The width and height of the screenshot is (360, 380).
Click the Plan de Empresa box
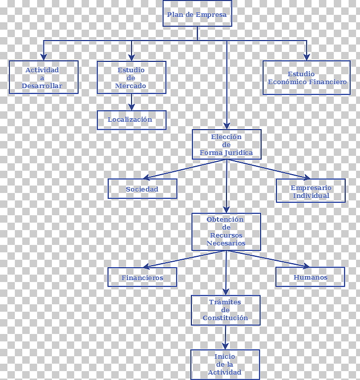pos(197,13)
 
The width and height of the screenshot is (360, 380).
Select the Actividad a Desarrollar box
pos(44,77)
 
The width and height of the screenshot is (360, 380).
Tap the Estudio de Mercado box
pos(132,77)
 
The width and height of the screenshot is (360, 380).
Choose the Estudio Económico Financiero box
pos(307,78)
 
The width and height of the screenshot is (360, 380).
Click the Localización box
pos(132,120)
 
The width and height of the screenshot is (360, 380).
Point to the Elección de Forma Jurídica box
pos(226,144)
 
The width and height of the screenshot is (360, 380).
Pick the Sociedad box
pos(142,189)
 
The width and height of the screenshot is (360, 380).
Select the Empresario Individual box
pos(311,190)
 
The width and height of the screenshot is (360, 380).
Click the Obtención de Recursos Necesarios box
pos(226,232)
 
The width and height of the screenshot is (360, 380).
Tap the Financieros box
pos(142,277)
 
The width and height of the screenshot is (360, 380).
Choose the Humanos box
pos(310,277)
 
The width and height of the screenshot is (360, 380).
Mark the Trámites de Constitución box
pos(225,310)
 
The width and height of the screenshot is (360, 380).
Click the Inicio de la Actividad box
pos(225,365)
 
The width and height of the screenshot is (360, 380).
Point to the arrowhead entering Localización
pos(132,107)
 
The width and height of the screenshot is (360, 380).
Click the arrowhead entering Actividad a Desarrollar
pos(44,57)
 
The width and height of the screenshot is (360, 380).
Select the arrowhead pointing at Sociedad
pos(146,178)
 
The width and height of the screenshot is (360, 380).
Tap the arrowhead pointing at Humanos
pos(306,266)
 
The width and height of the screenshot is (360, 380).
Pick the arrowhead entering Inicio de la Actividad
pos(225,346)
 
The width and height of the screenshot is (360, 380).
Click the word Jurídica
pos(239,153)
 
